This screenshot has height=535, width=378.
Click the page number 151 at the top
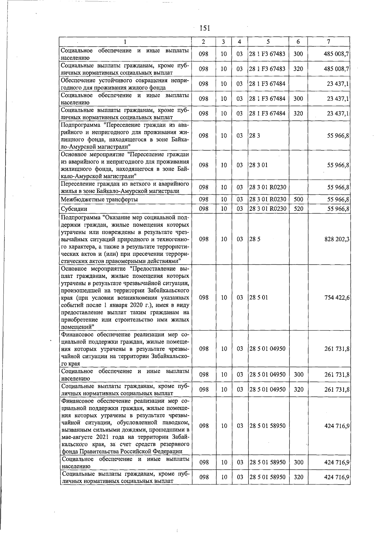click(205, 28)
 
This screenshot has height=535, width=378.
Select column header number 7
click(329, 42)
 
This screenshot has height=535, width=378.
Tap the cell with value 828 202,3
click(337, 239)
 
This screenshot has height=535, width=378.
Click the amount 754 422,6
click(337, 297)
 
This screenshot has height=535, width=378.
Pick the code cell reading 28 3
click(252, 135)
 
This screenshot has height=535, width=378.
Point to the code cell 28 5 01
click(258, 297)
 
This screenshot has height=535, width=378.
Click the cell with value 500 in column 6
click(298, 199)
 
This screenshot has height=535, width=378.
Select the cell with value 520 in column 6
click(298, 209)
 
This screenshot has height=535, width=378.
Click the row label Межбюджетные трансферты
click(99, 199)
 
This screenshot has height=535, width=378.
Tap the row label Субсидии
click(74, 209)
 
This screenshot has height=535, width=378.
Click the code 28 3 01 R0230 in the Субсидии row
click(267, 209)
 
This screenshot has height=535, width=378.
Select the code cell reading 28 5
click(252, 239)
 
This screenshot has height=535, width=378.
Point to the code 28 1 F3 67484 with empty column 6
click(267, 84)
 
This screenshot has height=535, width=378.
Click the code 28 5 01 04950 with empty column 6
click(267, 349)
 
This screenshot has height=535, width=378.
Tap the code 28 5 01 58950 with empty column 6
click(267, 426)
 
